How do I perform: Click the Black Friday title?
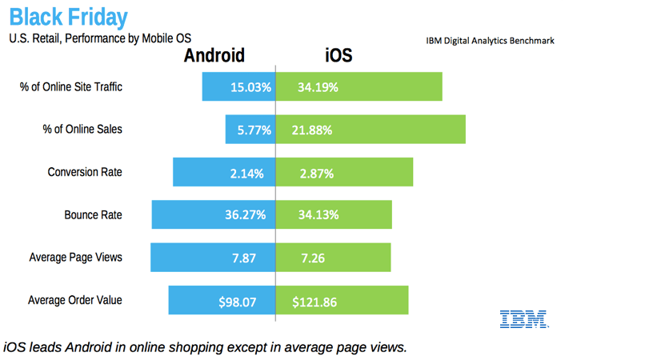coord(68,17)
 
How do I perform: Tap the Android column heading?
coord(214,55)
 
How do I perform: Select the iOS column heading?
coord(338,55)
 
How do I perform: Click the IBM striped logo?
coord(523,318)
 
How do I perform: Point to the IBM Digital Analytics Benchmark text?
coord(490,40)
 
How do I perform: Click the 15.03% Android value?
coord(250,87)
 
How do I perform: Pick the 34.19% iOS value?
coord(318,87)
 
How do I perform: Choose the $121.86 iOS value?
coord(314,302)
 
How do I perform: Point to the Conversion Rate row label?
coord(85,172)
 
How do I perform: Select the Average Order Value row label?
coord(75,301)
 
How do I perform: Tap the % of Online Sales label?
coord(82,129)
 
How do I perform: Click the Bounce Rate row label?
coord(94,215)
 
